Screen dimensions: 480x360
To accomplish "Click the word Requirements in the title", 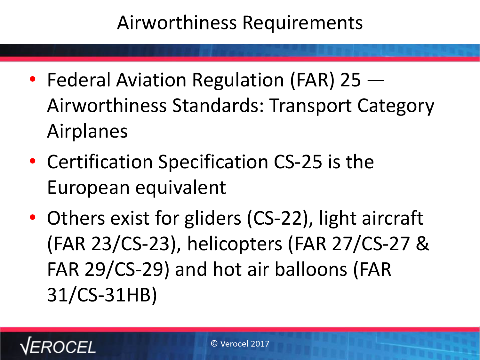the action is (303, 23).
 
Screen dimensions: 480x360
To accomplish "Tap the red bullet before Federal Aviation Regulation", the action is (33, 79).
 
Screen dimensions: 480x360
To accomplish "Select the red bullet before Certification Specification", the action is (33, 161).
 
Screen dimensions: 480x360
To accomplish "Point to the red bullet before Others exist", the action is (33, 217).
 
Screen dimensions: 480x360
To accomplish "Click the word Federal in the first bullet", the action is (79, 80).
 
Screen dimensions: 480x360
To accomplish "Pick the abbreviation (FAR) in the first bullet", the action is (313, 80).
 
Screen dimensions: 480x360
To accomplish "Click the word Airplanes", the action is (87, 132).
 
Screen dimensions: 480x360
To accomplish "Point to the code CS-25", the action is (298, 162).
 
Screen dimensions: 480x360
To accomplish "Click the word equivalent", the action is (180, 188).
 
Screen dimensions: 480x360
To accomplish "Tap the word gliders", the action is (213, 219).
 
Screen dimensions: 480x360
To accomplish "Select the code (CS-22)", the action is (280, 219).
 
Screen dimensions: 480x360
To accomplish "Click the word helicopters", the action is (235, 244).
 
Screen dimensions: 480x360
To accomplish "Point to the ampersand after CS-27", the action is (422, 244).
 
